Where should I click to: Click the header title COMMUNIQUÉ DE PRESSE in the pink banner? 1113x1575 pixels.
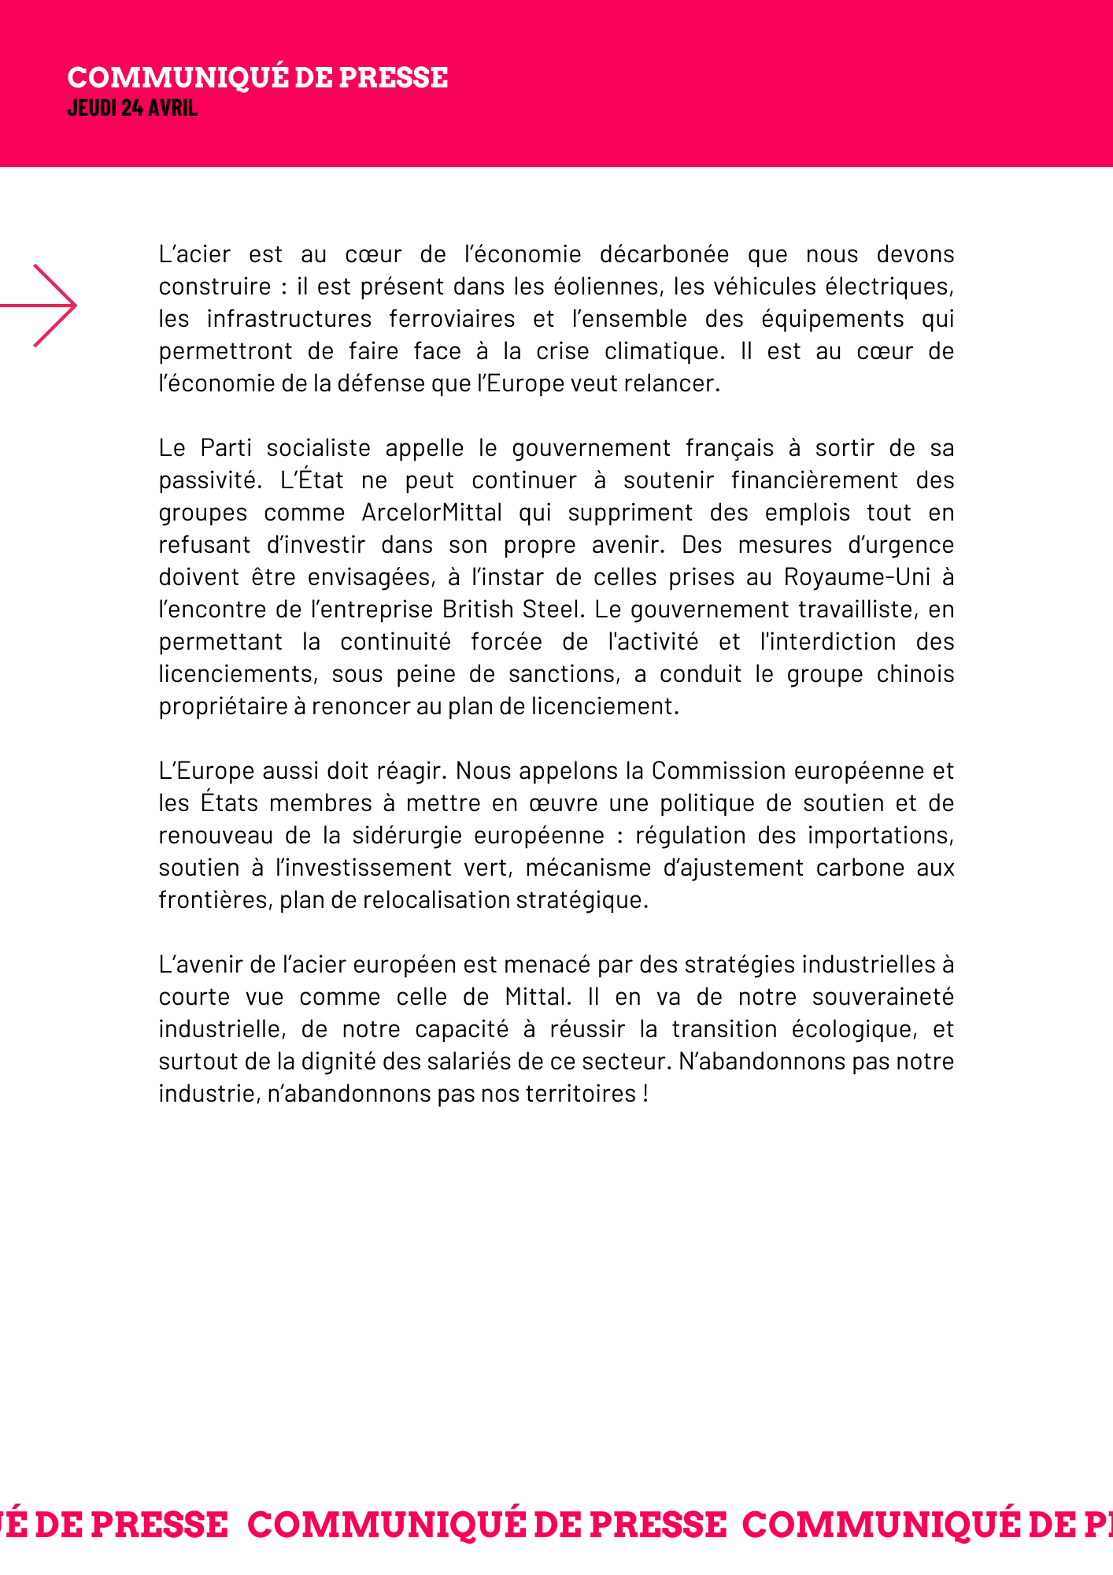(257, 78)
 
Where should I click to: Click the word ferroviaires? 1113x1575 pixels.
(452, 319)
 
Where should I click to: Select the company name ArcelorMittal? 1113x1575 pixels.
(431, 513)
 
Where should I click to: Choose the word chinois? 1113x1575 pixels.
(915, 674)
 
